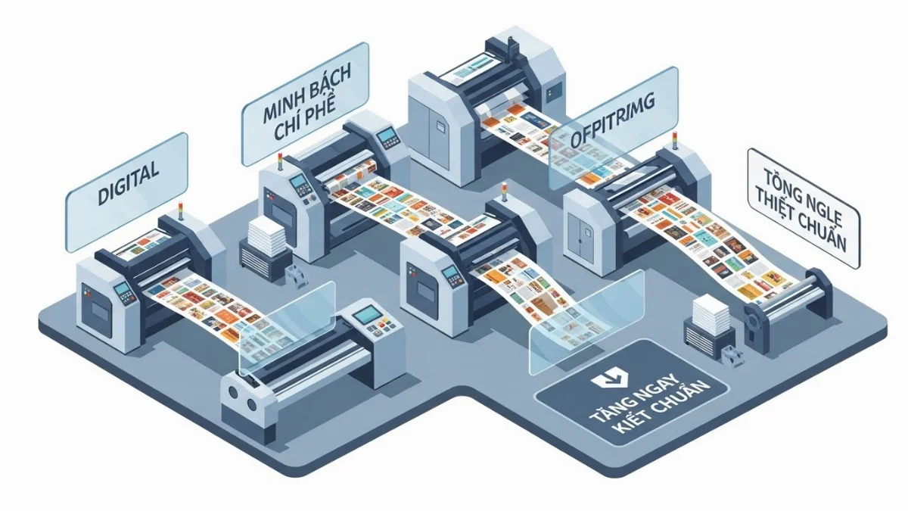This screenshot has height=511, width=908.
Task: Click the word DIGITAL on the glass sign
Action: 129,182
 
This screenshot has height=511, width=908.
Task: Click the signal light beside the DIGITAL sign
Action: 180,209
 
